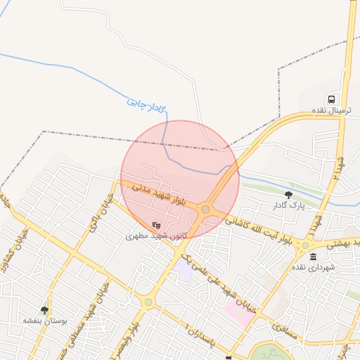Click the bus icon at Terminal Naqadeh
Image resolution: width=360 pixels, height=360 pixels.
pyautogui.click(x=331, y=100)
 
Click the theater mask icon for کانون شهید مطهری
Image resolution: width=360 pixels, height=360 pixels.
pyautogui.click(x=155, y=224)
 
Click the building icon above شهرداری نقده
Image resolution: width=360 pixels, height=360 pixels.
pyautogui.click(x=313, y=256)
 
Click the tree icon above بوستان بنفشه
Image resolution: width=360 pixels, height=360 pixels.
pyautogui.click(x=46, y=309)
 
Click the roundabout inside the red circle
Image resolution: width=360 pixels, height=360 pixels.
pyautogui.click(x=205, y=209)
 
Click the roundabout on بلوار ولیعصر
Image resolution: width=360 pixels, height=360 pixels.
pyautogui.click(x=148, y=302)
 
